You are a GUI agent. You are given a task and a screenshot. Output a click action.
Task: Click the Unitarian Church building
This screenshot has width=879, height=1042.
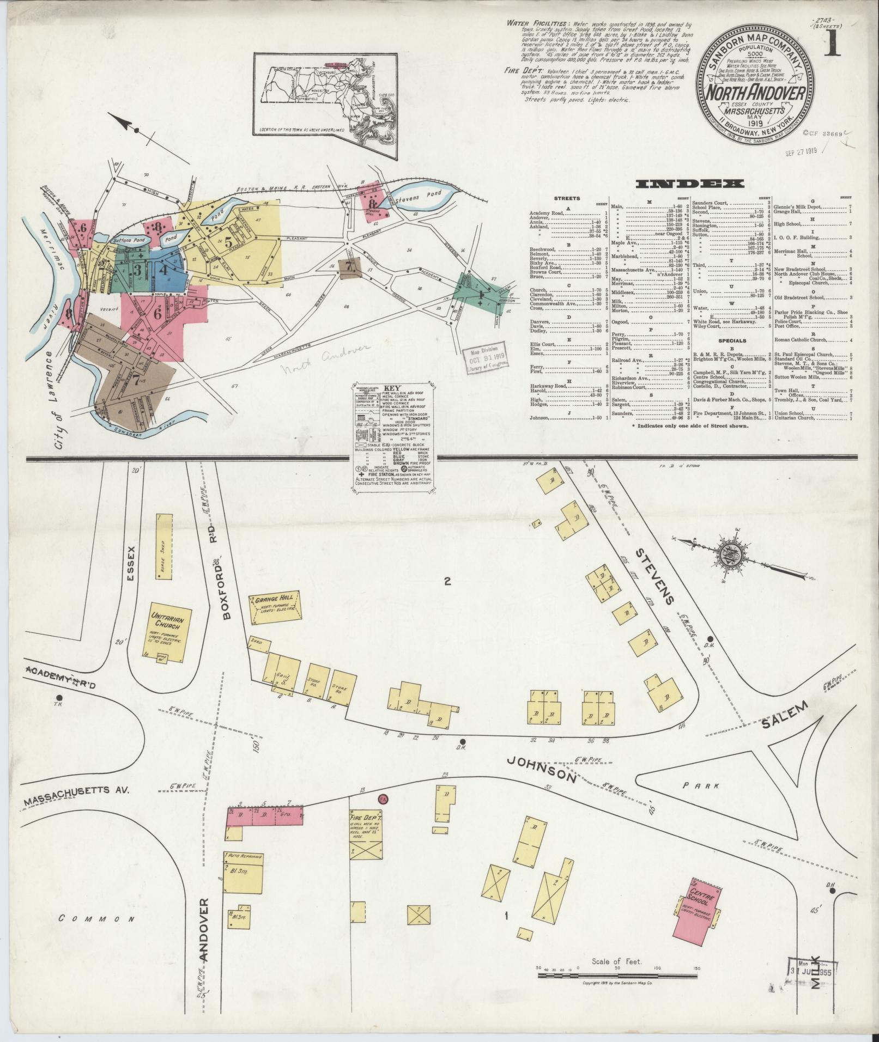pyautogui.click(x=167, y=633)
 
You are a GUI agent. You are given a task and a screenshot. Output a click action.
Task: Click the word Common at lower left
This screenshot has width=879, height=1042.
pyautogui.click(x=96, y=919)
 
